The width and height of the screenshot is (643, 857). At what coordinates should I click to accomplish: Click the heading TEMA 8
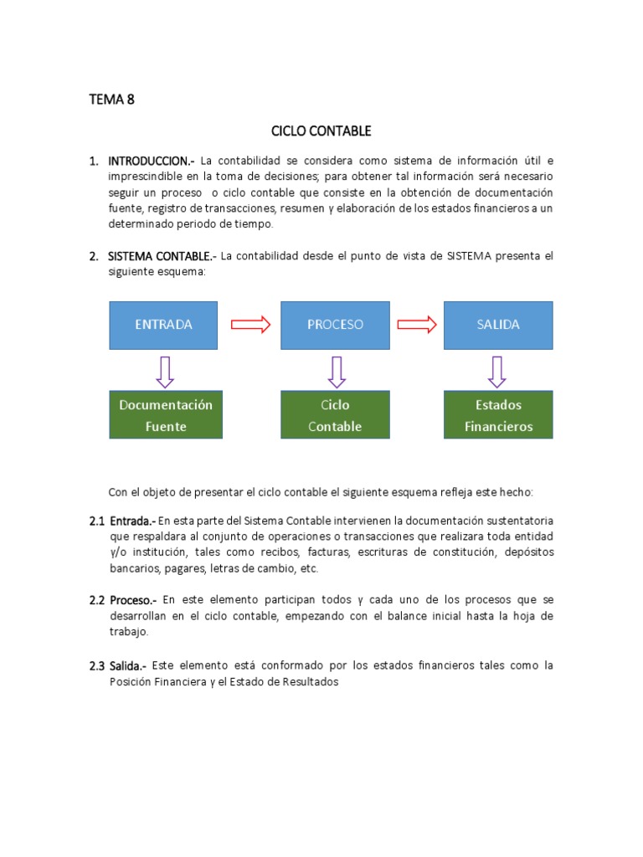111,100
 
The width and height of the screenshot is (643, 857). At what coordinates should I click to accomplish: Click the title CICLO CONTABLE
321,131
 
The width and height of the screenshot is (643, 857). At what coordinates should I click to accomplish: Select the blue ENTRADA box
163,325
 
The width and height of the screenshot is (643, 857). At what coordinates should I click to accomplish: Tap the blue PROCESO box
335,325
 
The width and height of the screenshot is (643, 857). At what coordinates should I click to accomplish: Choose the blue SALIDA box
497,325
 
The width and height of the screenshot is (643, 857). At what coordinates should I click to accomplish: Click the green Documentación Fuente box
166,415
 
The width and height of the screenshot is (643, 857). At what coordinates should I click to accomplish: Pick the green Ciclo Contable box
335,415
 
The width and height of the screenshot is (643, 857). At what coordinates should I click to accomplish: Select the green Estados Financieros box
497,415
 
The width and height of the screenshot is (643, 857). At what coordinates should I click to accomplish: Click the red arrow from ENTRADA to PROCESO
250,325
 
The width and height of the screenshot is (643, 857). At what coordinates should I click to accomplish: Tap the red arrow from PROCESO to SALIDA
418,325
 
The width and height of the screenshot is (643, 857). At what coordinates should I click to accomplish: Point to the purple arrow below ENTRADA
165,372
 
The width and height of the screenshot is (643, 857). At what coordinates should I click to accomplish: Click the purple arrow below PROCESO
337,372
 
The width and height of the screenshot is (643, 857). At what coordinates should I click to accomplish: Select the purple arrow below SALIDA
497,372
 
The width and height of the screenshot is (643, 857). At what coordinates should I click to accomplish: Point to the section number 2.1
97,521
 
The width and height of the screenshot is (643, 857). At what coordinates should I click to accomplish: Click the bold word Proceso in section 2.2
132,600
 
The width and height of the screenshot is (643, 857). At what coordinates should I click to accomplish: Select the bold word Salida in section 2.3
128,665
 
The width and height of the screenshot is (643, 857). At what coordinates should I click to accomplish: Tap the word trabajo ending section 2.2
127,632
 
